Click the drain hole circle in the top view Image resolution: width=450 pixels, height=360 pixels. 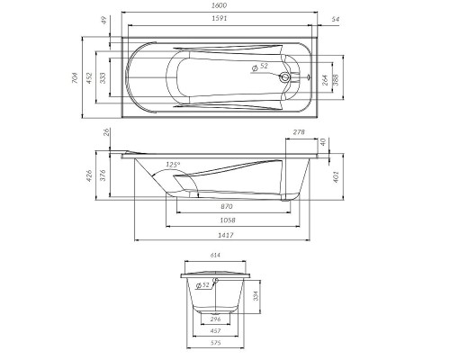(x=287, y=77)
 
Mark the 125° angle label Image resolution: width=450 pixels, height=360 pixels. (x=174, y=165)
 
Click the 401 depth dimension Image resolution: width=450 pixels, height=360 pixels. (x=335, y=175)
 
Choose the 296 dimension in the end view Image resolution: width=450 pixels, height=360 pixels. (x=215, y=319)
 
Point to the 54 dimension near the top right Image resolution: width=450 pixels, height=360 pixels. (x=335, y=18)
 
